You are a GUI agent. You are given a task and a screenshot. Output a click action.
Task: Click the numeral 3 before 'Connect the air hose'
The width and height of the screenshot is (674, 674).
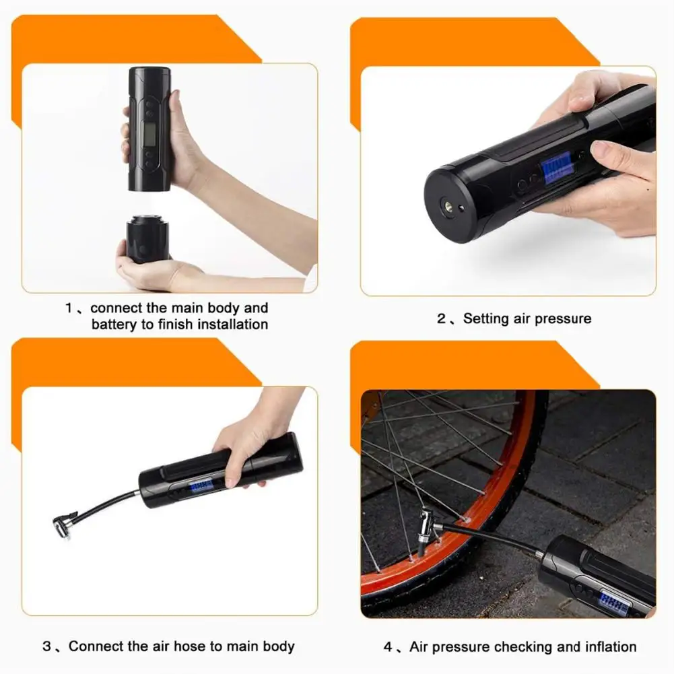coord(46,646)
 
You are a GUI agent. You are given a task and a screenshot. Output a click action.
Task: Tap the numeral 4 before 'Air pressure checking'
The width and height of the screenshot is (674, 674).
coord(388,646)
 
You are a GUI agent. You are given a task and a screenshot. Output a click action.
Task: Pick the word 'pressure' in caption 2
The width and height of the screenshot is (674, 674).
coord(560,318)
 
